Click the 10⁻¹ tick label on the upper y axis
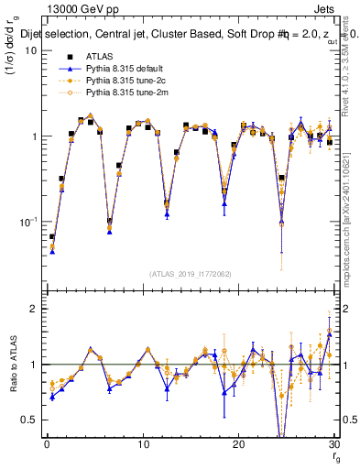tap(27, 223)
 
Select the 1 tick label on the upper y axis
tap(34, 136)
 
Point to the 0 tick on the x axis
tap(47, 445)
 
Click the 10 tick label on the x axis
tap(142, 445)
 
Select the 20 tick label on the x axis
tap(238, 445)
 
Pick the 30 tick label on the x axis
tap(333, 445)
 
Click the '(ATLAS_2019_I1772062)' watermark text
tap(190, 274)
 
